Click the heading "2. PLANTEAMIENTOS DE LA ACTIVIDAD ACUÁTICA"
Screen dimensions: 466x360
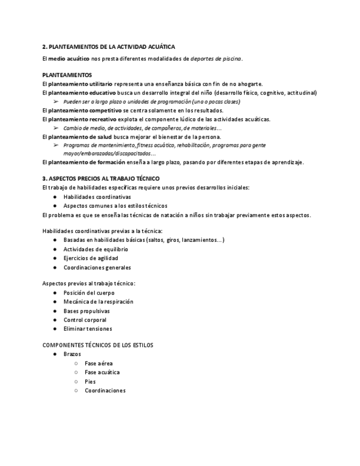coord(109,47)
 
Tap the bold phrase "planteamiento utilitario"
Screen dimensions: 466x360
coord(80,84)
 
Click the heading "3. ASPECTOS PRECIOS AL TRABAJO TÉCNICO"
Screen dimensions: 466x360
coord(101,179)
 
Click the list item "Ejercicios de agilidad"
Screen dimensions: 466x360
coord(91,258)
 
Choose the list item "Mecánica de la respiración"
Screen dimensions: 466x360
coord(98,302)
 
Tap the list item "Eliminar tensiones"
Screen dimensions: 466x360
coord(88,329)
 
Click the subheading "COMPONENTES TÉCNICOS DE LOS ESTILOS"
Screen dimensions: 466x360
coord(98,345)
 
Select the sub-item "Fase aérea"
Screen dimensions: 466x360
coord(98,363)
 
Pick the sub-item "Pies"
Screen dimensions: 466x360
coord(90,381)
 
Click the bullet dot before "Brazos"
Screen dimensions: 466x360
coord(56,354)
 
